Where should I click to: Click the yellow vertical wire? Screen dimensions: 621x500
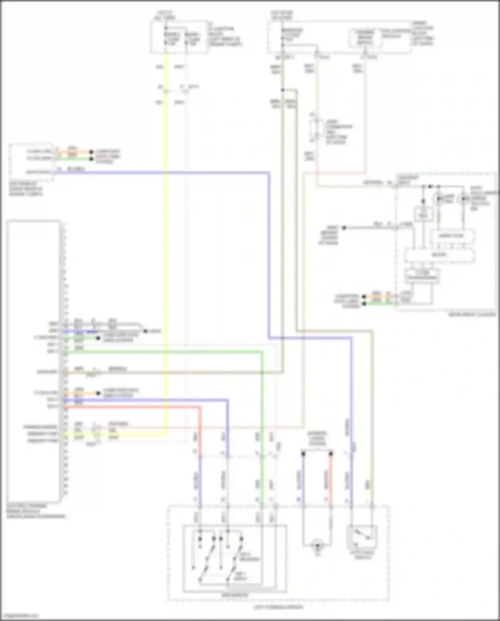pos(166,234)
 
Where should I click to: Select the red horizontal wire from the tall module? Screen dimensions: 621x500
pos(133,407)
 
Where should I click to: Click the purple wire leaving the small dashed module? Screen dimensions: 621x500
pos(167,173)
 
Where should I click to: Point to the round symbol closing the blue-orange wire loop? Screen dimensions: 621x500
pos(317,546)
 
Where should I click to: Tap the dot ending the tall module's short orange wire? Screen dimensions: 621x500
pos(98,393)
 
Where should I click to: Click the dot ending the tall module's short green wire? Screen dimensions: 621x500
pos(98,338)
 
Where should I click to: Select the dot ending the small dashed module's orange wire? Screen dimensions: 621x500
pos(91,152)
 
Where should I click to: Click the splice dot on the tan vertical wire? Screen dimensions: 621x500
pos(282,90)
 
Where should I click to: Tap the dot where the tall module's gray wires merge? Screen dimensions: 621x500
pos(145,331)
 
